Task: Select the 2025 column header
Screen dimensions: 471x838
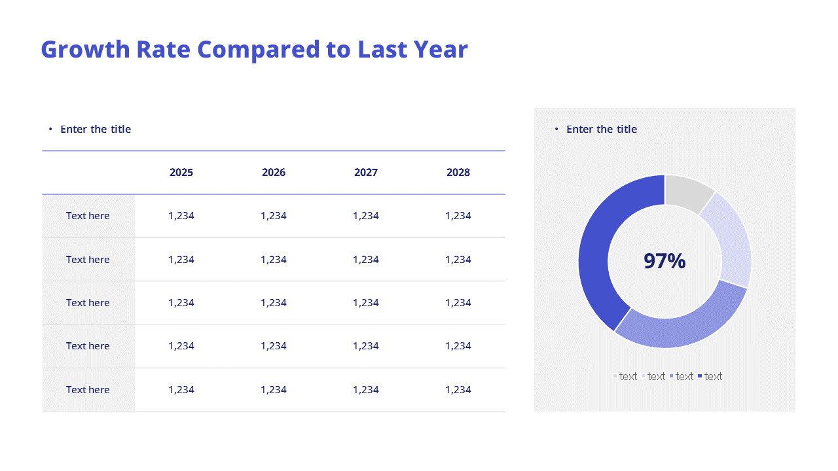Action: (181, 173)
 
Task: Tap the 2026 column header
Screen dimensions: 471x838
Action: (274, 173)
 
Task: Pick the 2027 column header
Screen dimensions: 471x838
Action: (366, 173)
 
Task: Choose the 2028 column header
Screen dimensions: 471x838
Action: (458, 173)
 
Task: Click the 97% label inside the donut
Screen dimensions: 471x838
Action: (665, 261)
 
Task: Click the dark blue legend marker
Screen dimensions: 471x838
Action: (700, 376)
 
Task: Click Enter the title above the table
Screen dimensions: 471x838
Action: (96, 130)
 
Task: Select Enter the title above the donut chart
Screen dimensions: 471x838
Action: (602, 130)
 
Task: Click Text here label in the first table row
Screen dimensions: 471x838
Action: (88, 216)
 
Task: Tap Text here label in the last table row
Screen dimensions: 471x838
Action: (88, 390)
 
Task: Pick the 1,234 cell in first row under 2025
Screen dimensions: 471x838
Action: (181, 216)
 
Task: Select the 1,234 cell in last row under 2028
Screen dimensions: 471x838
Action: (458, 390)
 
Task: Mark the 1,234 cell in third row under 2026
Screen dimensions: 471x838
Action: (274, 303)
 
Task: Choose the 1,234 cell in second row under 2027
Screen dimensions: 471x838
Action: (366, 260)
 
